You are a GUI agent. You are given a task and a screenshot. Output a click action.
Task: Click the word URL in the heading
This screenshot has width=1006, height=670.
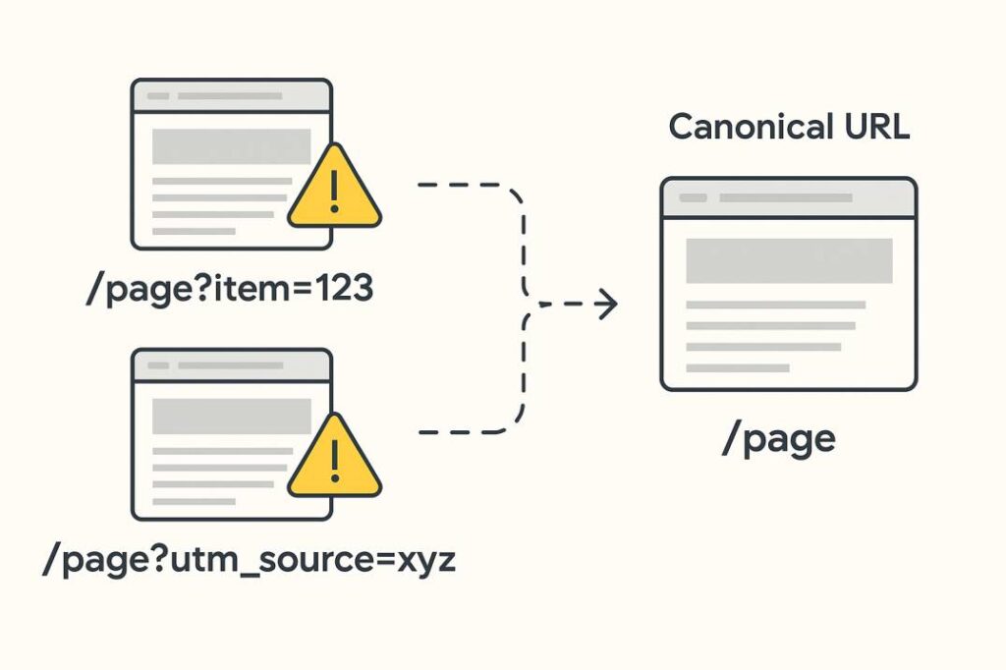click(874, 128)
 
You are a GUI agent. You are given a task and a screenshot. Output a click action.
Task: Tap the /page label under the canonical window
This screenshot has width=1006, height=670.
click(778, 439)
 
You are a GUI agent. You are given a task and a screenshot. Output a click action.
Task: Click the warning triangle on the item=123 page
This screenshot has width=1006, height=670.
click(334, 191)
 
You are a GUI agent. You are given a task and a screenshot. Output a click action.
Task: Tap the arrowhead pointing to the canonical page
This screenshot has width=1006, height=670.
click(608, 305)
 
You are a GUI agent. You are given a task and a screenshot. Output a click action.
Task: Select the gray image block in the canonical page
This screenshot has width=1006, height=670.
click(788, 260)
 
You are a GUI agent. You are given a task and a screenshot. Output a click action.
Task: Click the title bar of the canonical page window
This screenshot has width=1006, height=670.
click(788, 197)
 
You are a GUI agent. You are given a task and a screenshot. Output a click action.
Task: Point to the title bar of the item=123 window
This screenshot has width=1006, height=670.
click(231, 95)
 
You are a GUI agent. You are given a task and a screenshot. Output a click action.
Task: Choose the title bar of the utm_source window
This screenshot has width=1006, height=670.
click(231, 364)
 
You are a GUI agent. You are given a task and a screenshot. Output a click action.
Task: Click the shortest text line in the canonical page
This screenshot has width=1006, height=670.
click(737, 367)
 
